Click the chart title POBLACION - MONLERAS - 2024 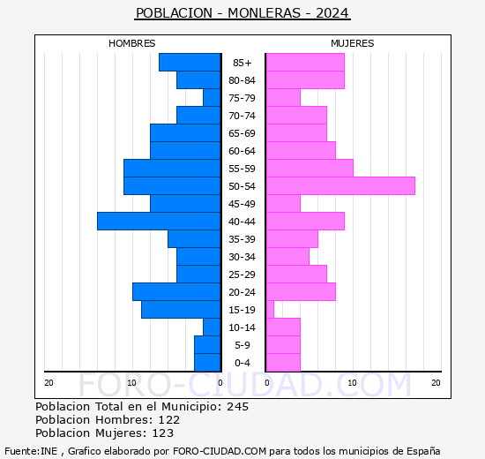pos(242,13)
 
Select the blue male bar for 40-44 pos(159,222)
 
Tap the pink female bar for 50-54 pos(339,186)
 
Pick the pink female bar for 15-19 pos(270,310)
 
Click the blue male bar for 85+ pos(190,63)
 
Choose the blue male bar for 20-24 pos(176,292)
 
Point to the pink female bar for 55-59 pos(309,169)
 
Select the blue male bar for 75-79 pos(212,98)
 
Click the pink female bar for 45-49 pos(283,204)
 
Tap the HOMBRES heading pos(132,43)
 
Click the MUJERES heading pos(353,43)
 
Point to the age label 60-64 pos(242,151)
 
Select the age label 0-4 pos(242,363)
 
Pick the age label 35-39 pos(242,239)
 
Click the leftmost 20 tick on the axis pos(48,382)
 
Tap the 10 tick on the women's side pos(351,382)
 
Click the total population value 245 pos(237,407)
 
